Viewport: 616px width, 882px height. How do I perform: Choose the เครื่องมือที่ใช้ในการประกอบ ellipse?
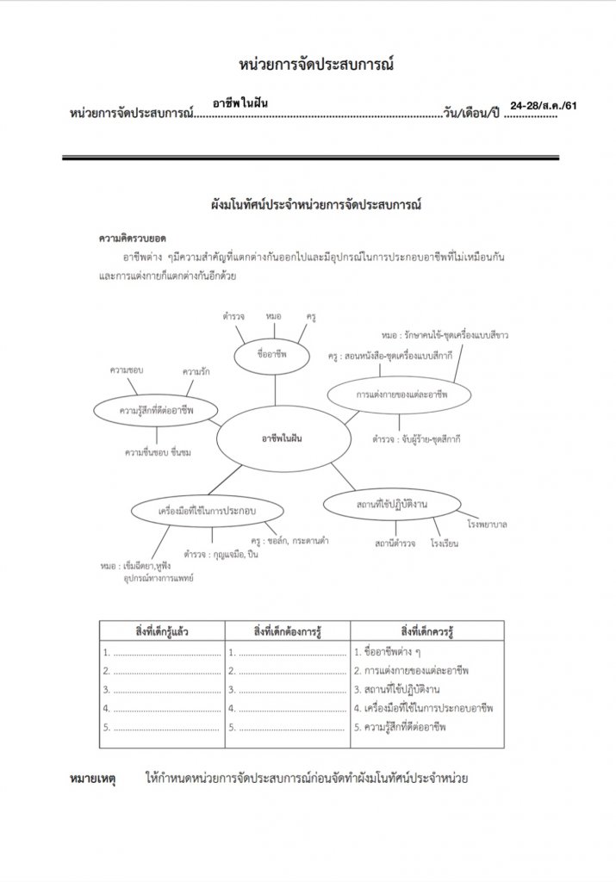coord(196,511)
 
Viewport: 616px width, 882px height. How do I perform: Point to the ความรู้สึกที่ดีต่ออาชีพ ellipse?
coord(157,411)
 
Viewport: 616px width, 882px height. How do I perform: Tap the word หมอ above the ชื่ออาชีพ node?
coord(274,317)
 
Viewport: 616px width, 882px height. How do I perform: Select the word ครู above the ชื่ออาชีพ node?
coord(311,317)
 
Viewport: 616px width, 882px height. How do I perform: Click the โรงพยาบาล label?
coord(487,524)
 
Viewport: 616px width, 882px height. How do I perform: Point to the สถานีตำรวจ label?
coord(396,544)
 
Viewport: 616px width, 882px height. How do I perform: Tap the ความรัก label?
coord(196,371)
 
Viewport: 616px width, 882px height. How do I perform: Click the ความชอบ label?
coord(126,370)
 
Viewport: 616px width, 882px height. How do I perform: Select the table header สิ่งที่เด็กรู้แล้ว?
coord(162,631)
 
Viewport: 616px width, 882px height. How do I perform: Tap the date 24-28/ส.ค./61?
coord(543,105)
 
